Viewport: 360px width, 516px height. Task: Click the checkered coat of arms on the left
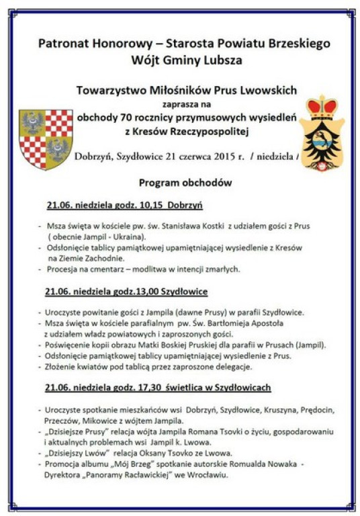pyautogui.click(x=46, y=138)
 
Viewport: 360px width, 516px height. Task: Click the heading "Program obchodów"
pyautogui.click(x=185, y=183)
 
